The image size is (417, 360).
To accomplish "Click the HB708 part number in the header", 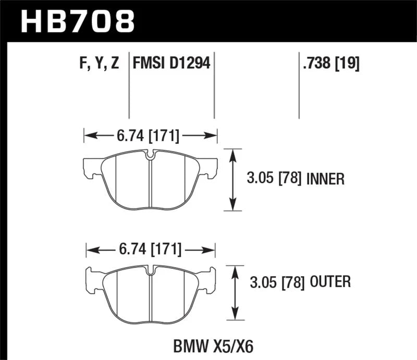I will click(x=77, y=22).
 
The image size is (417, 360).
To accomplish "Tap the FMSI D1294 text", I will click(x=171, y=64).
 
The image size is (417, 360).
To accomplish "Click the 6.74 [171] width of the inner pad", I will click(x=149, y=136).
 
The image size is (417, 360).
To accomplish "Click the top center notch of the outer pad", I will click(x=151, y=271).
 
